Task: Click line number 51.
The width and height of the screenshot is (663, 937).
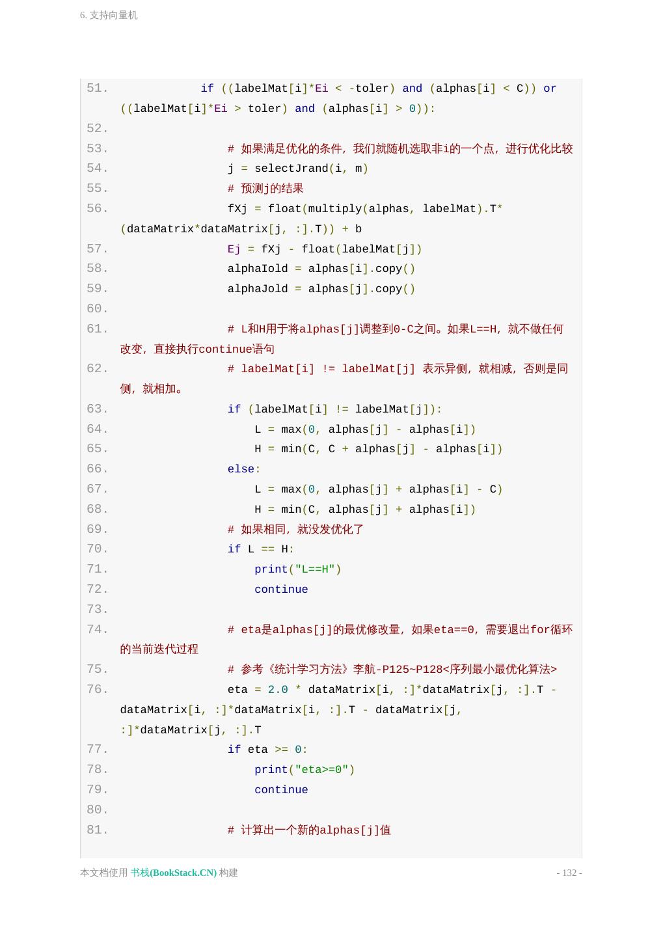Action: click(x=97, y=88)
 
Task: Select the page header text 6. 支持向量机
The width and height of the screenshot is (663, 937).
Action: click(x=109, y=15)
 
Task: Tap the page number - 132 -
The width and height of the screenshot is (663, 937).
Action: click(x=569, y=873)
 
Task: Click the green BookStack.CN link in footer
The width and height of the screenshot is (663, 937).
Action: click(x=174, y=873)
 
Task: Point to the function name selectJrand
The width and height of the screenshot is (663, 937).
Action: click(x=291, y=169)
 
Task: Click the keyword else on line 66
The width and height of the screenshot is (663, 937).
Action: click(x=241, y=469)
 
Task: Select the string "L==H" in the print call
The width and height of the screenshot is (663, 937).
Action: click(x=315, y=569)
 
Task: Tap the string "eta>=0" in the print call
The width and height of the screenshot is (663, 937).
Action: click(x=321, y=770)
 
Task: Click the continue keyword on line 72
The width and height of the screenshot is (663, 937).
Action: click(x=281, y=590)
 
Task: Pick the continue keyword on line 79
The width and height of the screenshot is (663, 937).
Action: click(x=281, y=790)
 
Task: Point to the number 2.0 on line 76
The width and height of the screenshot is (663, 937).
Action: click(x=278, y=690)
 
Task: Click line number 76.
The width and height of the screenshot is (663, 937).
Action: click(x=97, y=690)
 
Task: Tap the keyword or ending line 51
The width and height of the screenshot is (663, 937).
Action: click(x=550, y=88)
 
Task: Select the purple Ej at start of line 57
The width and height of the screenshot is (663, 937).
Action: click(x=234, y=249)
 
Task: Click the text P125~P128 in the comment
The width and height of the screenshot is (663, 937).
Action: click(x=412, y=670)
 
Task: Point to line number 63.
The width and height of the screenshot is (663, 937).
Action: click(x=97, y=409)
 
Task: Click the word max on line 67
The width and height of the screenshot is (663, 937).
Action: click(x=291, y=489)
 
